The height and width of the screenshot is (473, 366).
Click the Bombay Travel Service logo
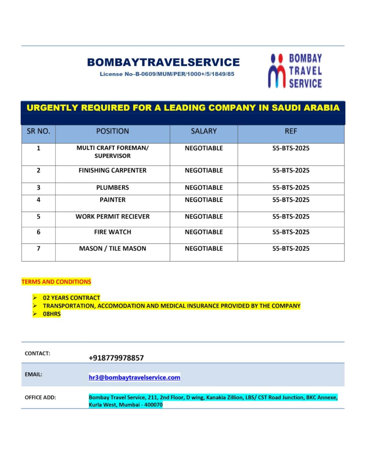[295, 71]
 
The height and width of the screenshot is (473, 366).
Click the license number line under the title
[167, 74]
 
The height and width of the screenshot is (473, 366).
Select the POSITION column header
[113, 131]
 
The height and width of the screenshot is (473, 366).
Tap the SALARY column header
[204, 131]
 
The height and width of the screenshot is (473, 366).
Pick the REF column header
[291, 131]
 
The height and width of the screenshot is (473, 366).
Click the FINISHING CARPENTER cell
[113, 171]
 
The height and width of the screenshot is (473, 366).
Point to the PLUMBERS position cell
[113, 188]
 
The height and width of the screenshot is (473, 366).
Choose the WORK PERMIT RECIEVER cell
[113, 217]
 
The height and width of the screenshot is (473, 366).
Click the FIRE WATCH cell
[113, 232]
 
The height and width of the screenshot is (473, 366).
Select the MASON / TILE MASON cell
[113, 249]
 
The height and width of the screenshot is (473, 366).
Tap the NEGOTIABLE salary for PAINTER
[204, 200]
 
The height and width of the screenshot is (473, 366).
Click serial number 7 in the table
[38, 249]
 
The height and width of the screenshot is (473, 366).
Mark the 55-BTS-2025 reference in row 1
[291, 148]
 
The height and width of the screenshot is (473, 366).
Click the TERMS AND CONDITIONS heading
[56, 282]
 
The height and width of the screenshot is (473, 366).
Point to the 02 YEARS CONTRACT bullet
[71, 298]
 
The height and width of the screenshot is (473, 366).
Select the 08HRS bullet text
[52, 314]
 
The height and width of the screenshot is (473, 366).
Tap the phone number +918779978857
[116, 358]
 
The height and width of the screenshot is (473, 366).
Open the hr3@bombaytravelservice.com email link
[135, 377]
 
